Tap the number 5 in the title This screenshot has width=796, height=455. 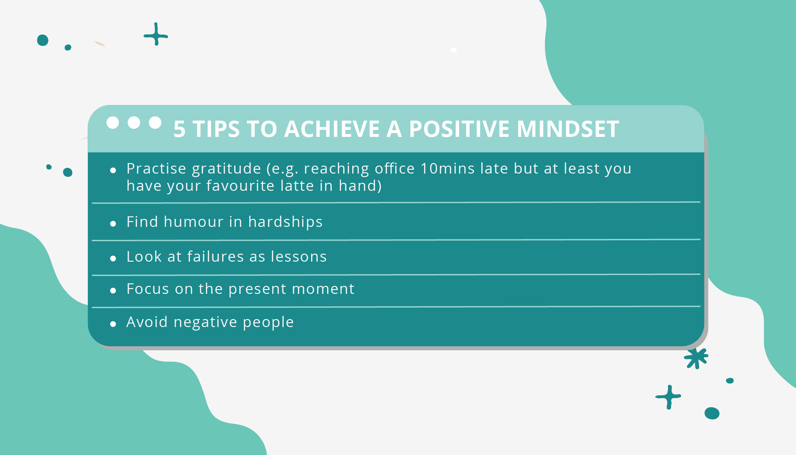click(179, 130)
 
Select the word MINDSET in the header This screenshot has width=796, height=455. click(568, 129)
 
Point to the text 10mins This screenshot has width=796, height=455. click(448, 168)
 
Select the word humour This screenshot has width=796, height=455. click(193, 222)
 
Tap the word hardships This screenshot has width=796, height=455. click(285, 222)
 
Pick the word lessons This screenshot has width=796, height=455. click(299, 257)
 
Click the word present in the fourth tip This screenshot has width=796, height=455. click(257, 289)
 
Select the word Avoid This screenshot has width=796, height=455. click(147, 322)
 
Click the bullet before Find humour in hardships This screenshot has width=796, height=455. click(113, 224)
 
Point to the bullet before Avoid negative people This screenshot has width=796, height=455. click(113, 324)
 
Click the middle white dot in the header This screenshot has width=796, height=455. click(134, 123)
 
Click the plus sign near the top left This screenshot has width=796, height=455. click(156, 34)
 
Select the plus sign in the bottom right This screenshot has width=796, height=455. click(669, 397)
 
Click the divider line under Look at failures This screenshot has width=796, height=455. click(395, 274)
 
